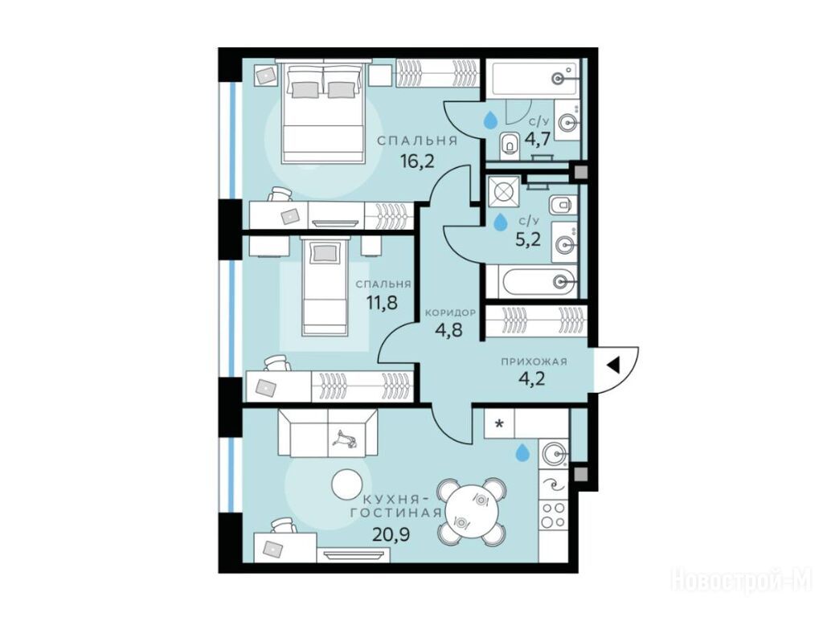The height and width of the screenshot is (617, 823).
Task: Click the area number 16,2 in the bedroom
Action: coord(417,161)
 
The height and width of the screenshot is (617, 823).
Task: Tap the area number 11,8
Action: coord(382,303)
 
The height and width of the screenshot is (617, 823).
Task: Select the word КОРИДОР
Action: coord(450,313)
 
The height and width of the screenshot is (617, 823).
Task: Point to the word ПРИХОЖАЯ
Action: coord(534,362)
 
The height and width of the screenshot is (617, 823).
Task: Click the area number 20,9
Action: coord(391,535)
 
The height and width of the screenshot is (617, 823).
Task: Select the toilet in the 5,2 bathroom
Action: coord(560,205)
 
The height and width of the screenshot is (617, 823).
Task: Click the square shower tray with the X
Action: coord(504,191)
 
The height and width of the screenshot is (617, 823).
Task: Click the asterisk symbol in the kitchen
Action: coord(499,423)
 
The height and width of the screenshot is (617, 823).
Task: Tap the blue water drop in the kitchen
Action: coord(522,452)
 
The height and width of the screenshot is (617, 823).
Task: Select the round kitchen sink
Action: coord(555,452)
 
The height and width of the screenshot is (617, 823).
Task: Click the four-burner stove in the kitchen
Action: coord(554,515)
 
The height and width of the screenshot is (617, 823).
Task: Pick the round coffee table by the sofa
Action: coord(347,484)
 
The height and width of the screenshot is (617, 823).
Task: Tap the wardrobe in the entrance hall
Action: coord(536,319)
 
